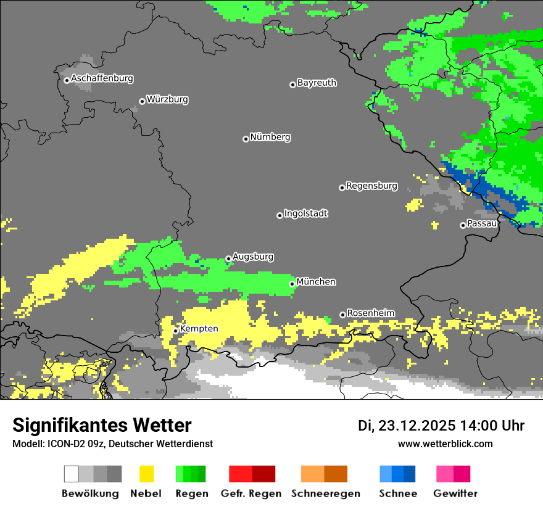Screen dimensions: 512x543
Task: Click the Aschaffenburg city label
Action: coord(102,78)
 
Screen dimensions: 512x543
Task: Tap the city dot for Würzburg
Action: coord(142,101)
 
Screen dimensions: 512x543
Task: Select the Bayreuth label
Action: coord(317,83)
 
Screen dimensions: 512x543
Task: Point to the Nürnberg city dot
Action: coord(246,139)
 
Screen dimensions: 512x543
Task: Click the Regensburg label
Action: coord(371,186)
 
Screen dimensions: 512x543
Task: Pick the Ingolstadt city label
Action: coord(305,213)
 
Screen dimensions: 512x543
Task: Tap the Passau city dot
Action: coord(463,225)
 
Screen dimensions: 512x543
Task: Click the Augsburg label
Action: coord(253,257)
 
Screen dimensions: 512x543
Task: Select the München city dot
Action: coord(292,284)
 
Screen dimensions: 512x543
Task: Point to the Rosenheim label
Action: coord(370,313)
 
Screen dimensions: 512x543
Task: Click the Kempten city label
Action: coord(199,329)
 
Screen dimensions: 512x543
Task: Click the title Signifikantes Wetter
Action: coord(102,425)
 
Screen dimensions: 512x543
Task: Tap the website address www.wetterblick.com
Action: coord(445,444)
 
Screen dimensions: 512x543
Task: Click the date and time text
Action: coord(441,426)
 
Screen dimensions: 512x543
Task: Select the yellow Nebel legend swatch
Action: coord(146,474)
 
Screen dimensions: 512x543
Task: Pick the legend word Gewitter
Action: coord(455,493)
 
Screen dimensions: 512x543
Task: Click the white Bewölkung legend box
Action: coord(72,474)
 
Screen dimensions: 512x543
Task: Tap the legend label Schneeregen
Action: coord(325,493)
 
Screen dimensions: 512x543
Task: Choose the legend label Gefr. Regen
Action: coord(251,493)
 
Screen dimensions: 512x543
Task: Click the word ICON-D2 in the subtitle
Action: coord(60,444)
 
